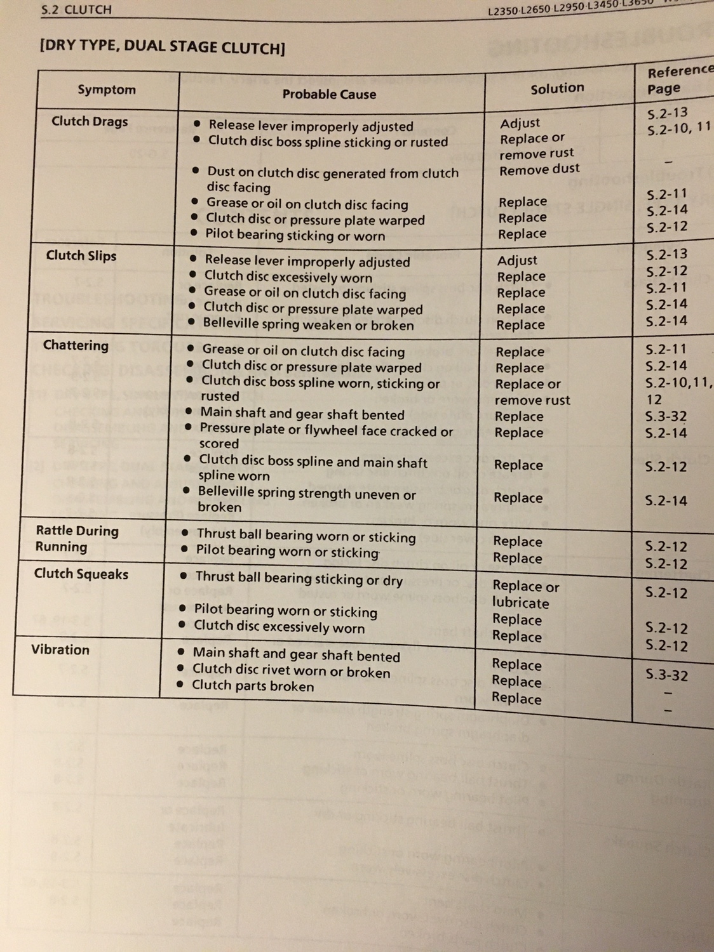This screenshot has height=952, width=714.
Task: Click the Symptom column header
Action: coord(107,89)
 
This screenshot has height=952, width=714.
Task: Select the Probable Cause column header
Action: coord(329,95)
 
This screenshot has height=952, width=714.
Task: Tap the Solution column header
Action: coord(557,89)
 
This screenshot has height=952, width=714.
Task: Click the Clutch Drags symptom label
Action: coord(90,121)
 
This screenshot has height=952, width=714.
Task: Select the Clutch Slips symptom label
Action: coord(81,256)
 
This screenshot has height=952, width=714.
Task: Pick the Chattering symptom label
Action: coord(76,345)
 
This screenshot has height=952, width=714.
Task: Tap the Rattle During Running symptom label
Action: coord(76,538)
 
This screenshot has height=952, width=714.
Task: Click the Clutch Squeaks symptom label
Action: coord(81,574)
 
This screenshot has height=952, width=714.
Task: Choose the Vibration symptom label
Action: coord(60,650)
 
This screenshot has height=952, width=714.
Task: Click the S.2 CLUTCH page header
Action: coord(76,10)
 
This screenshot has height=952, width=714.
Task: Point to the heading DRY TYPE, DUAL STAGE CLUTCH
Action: coord(162,47)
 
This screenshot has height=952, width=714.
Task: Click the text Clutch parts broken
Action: coord(253,686)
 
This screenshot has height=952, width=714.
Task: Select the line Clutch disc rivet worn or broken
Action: coord(291,671)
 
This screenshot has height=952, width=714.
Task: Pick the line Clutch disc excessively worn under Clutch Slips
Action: coord(288,277)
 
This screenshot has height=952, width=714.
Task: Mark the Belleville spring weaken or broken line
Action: coord(308,324)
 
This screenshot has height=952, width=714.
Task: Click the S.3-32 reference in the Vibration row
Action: coord(666,675)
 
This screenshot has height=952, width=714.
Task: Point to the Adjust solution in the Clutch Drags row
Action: coord(520,123)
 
